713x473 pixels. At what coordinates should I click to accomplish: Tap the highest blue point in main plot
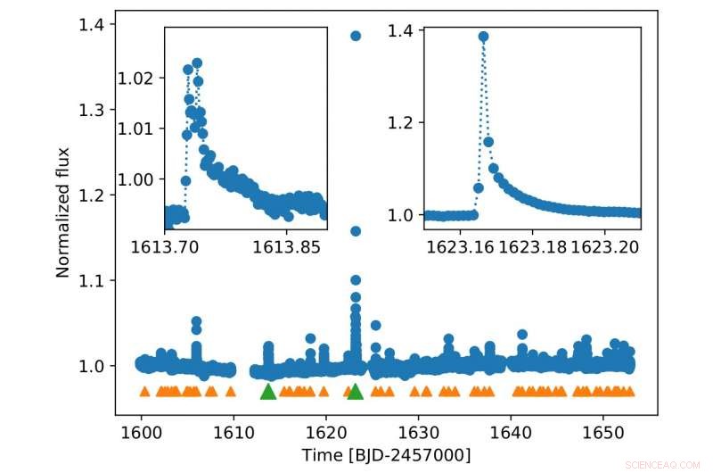click(356, 36)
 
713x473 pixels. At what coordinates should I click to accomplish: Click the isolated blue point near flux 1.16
click(356, 231)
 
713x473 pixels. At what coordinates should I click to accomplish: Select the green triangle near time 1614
click(268, 391)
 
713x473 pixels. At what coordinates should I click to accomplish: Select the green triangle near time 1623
click(356, 391)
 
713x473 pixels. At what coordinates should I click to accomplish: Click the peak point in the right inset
click(483, 37)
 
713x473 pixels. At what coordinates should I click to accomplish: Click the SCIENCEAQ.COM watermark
click(663, 465)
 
